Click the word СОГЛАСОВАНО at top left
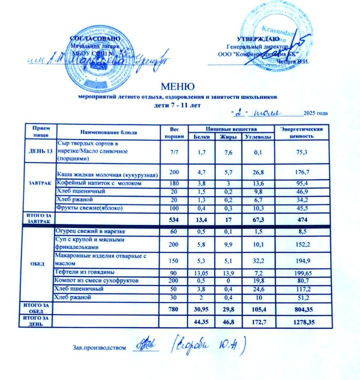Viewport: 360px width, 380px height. [95, 38]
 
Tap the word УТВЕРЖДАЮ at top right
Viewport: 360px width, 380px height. [258, 39]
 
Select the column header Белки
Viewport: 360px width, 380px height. [201, 137]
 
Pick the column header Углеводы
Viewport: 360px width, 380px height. [258, 137]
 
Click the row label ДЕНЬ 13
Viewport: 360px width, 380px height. [40, 152]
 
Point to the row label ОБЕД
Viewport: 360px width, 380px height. [37, 264]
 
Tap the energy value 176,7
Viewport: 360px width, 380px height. [302, 173]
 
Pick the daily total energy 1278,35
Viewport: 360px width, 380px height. [302, 322]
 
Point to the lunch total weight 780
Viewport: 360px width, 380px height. [174, 310]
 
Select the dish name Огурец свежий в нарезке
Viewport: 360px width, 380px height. [91, 232]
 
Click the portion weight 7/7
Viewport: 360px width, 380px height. [174, 152]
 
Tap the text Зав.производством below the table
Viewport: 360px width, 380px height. [99, 348]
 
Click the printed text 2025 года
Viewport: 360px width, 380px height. [315, 113]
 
